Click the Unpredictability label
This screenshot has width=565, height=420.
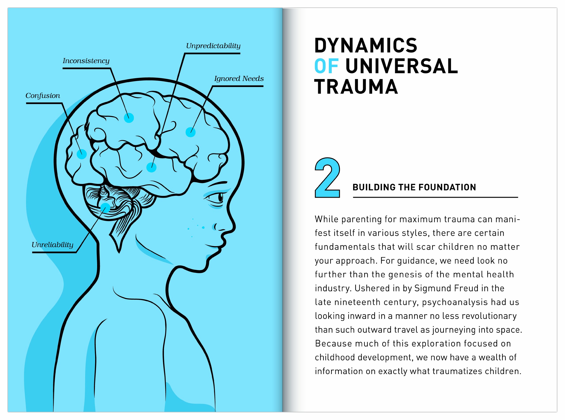213,46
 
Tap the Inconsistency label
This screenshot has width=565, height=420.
86,61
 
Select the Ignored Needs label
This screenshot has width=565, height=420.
239,79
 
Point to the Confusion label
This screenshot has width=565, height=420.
43,96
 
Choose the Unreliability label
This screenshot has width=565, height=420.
52,245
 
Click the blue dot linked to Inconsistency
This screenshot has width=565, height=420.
129,118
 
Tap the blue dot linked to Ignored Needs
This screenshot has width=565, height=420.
190,132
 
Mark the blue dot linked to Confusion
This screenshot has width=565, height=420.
81,154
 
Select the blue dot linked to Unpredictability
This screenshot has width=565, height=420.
151,168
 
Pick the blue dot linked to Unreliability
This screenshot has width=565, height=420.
105,208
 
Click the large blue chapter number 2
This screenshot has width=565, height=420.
327,178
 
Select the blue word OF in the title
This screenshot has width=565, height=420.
326,66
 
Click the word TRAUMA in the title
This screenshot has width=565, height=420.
356,87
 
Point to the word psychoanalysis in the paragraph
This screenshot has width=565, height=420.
455,302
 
